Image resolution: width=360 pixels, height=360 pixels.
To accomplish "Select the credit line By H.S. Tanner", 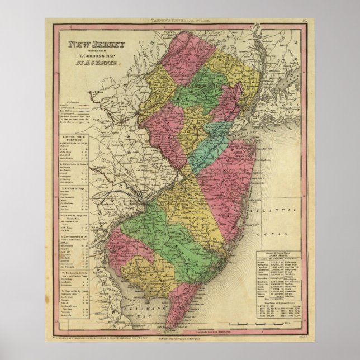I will point(96,64).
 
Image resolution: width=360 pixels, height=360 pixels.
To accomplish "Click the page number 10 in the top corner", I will point(302,21).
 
